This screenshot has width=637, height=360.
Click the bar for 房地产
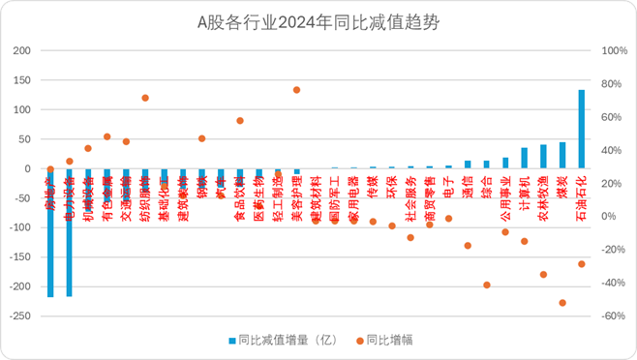(50, 232)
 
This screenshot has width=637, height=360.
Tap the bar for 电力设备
(69, 232)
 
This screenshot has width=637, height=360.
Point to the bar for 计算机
(525, 158)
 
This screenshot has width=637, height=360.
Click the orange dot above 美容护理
(296, 90)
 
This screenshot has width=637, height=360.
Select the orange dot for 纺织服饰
(145, 98)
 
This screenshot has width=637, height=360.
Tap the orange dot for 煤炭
(562, 303)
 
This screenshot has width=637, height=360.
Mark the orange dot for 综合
(487, 285)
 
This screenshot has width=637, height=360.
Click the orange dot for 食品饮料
(240, 121)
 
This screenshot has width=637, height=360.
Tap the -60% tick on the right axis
(612, 316)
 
